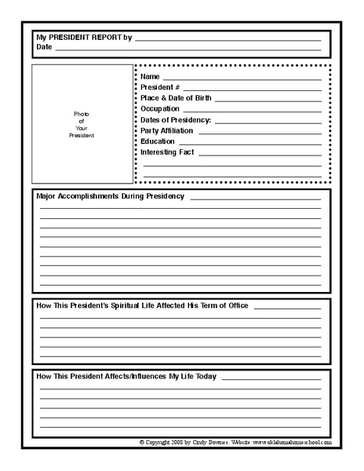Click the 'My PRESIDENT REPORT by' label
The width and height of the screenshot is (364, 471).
tap(83, 37)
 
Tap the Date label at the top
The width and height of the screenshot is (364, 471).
tap(44, 47)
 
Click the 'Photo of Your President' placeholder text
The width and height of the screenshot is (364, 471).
tap(82, 125)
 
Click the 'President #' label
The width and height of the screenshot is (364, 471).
tap(160, 87)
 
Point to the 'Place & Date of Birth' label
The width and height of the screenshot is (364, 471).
tap(176, 98)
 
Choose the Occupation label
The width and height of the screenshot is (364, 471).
tap(160, 109)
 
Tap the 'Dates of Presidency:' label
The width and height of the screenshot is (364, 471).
tap(176, 120)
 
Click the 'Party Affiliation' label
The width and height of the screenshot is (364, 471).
tap(166, 130)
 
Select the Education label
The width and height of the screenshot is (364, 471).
tap(158, 141)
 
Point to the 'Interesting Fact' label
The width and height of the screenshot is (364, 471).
tap(167, 152)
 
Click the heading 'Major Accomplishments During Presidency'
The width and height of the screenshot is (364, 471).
tap(111, 195)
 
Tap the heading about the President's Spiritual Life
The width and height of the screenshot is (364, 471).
tap(143, 305)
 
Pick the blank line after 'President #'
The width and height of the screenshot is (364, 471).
tap(252, 90)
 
